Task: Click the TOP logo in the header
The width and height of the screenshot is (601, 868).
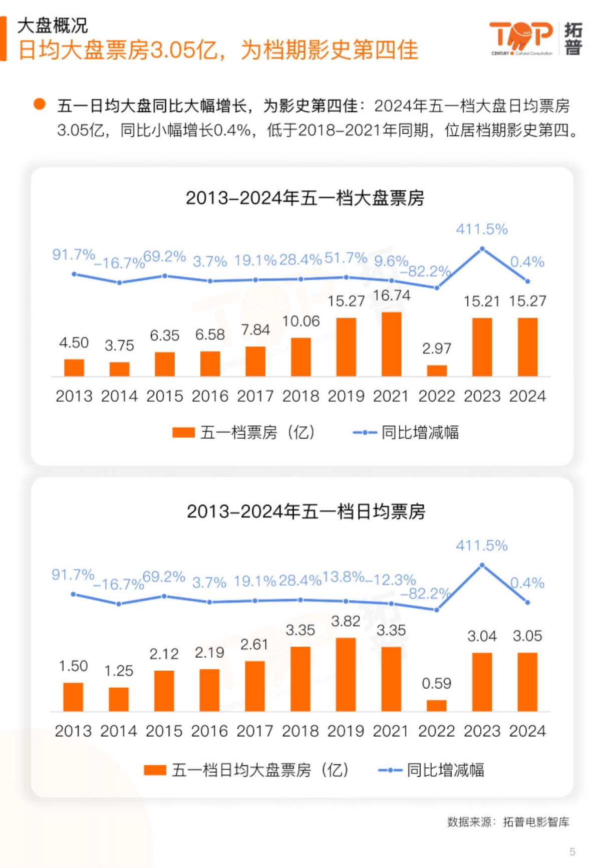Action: click(x=521, y=37)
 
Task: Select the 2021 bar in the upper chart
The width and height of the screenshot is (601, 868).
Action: click(x=391, y=344)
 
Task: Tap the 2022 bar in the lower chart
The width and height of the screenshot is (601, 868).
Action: click(x=436, y=706)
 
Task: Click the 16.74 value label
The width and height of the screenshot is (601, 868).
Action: click(x=391, y=296)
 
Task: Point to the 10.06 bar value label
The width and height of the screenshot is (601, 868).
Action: click(x=300, y=321)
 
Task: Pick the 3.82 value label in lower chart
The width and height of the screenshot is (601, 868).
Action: click(x=346, y=621)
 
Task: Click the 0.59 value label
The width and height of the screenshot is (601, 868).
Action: click(x=436, y=683)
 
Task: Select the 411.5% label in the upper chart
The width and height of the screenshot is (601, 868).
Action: click(x=482, y=229)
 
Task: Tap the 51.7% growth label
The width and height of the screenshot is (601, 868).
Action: click(x=346, y=258)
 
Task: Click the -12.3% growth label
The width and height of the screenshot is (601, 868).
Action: click(x=391, y=580)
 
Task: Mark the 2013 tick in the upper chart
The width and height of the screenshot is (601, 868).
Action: click(x=74, y=396)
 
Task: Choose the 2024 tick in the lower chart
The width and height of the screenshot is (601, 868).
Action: click(x=527, y=731)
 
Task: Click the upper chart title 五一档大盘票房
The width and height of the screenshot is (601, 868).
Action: click(x=305, y=198)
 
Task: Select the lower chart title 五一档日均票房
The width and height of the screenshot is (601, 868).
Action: click(x=306, y=511)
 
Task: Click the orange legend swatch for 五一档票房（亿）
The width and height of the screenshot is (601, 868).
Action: click(x=183, y=432)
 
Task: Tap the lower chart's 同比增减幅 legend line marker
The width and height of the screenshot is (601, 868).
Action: click(x=390, y=770)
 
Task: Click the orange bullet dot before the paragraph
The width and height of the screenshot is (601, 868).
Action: click(x=39, y=104)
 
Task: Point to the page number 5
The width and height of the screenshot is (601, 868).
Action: click(x=572, y=851)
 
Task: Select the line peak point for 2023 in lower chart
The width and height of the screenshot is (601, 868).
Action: click(x=482, y=565)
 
